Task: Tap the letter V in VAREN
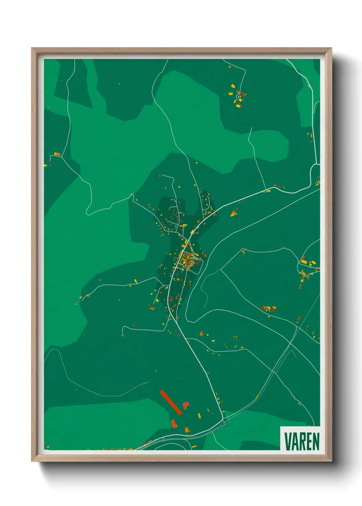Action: pos(287,441)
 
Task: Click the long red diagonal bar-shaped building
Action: pos(171,402)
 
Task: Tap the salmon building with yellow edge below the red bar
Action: pos(174,424)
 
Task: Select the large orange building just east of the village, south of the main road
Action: pos(234,214)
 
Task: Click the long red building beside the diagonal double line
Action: pos(299,319)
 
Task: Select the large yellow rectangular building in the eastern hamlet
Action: pos(304,262)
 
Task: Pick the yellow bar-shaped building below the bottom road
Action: pos(194,447)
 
